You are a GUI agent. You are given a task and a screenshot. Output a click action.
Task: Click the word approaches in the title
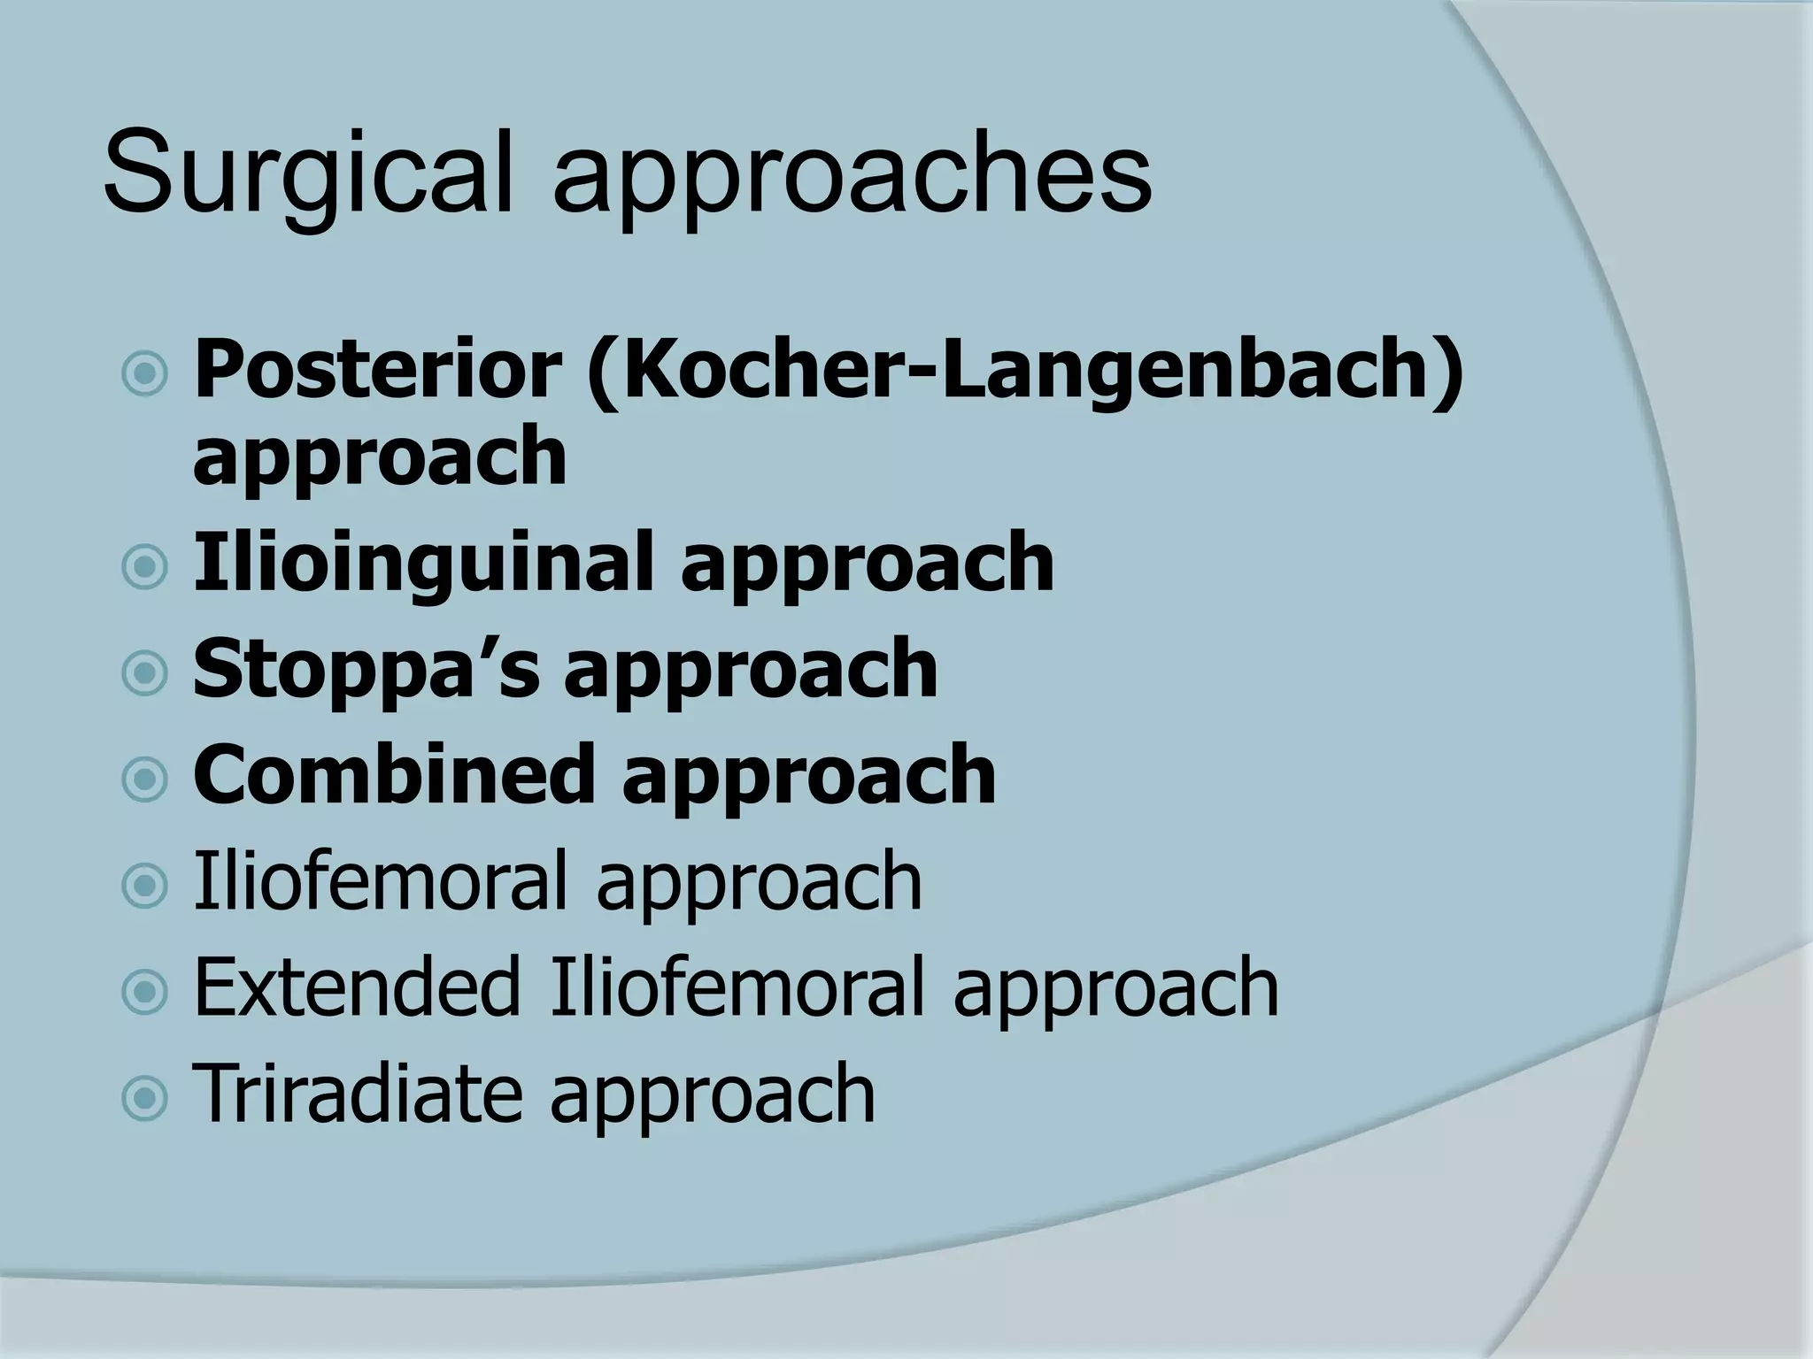coord(852,177)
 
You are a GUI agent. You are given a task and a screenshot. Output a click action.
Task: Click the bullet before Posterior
coord(143,374)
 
